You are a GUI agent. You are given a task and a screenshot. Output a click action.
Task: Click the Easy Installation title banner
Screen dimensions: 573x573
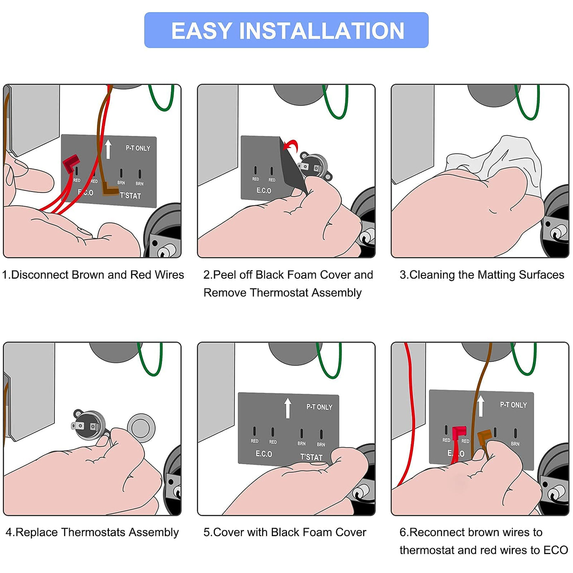(286, 30)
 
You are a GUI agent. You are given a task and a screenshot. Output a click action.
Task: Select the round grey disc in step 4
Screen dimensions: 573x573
(141, 426)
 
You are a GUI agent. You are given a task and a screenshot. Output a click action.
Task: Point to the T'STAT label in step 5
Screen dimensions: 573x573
(311, 457)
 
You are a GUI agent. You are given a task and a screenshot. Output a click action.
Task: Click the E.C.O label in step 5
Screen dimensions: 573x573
(264, 454)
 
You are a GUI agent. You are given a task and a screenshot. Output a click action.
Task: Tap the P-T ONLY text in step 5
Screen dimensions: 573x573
(319, 407)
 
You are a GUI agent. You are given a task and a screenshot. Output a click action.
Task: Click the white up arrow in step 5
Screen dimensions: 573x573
(288, 408)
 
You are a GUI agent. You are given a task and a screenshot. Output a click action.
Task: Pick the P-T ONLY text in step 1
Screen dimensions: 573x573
(138, 148)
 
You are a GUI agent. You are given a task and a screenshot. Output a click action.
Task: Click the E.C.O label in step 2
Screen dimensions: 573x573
(264, 191)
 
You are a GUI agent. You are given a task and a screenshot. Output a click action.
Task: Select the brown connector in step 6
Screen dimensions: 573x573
(485, 437)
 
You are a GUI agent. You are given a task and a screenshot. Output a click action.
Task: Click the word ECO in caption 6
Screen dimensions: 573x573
(555, 550)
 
